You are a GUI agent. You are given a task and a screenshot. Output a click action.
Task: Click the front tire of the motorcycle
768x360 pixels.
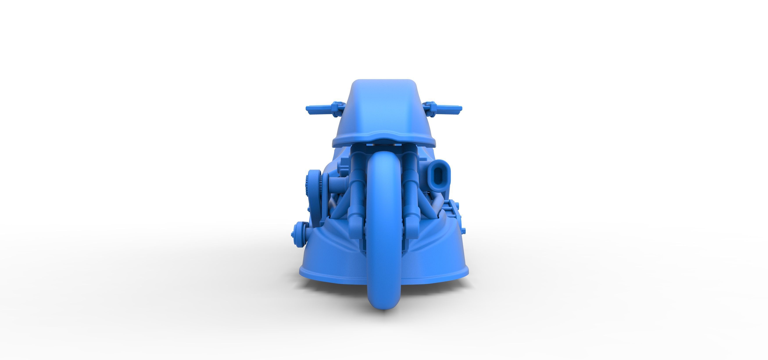point(384,233)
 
